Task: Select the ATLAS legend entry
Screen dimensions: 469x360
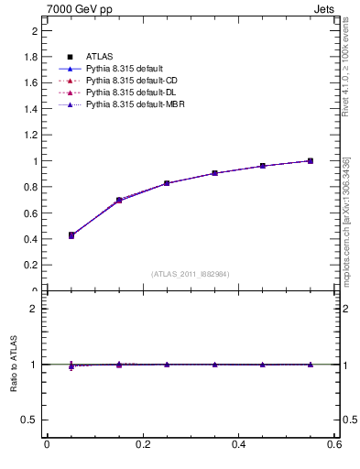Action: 100,56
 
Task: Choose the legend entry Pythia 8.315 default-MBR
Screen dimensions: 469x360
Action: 136,106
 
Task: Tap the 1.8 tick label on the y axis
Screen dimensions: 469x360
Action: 31,57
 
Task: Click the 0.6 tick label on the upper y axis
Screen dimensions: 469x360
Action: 31,213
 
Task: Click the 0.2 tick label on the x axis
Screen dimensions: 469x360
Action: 142,445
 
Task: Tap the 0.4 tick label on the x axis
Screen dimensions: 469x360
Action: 238,445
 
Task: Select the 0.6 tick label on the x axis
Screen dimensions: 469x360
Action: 334,445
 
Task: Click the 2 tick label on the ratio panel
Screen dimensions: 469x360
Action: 34,310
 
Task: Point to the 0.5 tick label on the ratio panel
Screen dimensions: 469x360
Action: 31,420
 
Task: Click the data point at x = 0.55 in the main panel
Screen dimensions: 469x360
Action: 311,161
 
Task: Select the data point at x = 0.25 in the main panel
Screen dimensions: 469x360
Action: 167,183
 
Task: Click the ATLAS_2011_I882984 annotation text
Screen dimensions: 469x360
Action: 190,274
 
